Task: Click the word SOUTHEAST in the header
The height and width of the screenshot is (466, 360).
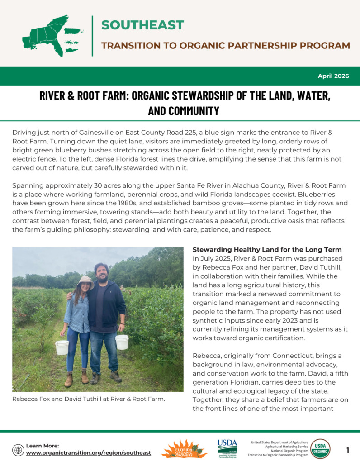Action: (x=142, y=25)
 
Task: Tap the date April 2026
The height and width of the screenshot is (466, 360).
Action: (x=333, y=76)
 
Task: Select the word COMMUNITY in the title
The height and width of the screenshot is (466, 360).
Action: (x=184, y=111)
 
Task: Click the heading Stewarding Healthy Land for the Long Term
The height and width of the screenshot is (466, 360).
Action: (x=267, y=250)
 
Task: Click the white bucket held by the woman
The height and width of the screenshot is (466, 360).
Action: (x=62, y=347)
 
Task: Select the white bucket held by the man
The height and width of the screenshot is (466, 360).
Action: (x=122, y=342)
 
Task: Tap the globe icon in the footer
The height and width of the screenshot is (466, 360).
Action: (x=18, y=450)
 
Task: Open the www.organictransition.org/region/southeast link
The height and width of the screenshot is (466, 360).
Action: (x=89, y=453)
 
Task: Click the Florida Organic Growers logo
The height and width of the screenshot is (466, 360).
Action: (x=184, y=449)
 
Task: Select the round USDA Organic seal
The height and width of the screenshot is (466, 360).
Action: (x=320, y=449)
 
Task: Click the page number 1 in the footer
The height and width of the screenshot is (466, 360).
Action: (x=348, y=450)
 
